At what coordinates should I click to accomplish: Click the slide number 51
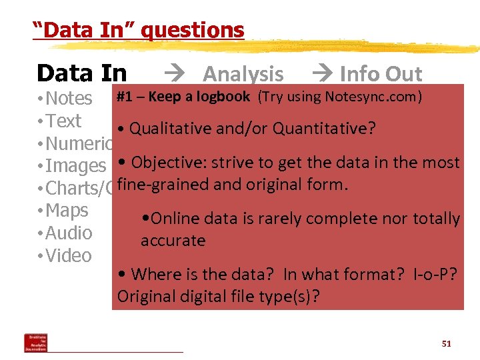(446, 344)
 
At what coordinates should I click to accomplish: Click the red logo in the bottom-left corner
(35, 342)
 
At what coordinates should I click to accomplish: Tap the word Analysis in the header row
(243, 74)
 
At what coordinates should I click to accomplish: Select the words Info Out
(381, 74)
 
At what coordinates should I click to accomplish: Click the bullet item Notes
(69, 98)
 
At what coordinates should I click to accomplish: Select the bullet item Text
(64, 121)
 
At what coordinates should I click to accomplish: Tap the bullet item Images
(75, 165)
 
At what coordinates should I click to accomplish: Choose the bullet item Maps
(67, 210)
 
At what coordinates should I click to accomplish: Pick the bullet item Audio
(69, 233)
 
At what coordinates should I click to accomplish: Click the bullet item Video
(69, 255)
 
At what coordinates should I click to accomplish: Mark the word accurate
(173, 241)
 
